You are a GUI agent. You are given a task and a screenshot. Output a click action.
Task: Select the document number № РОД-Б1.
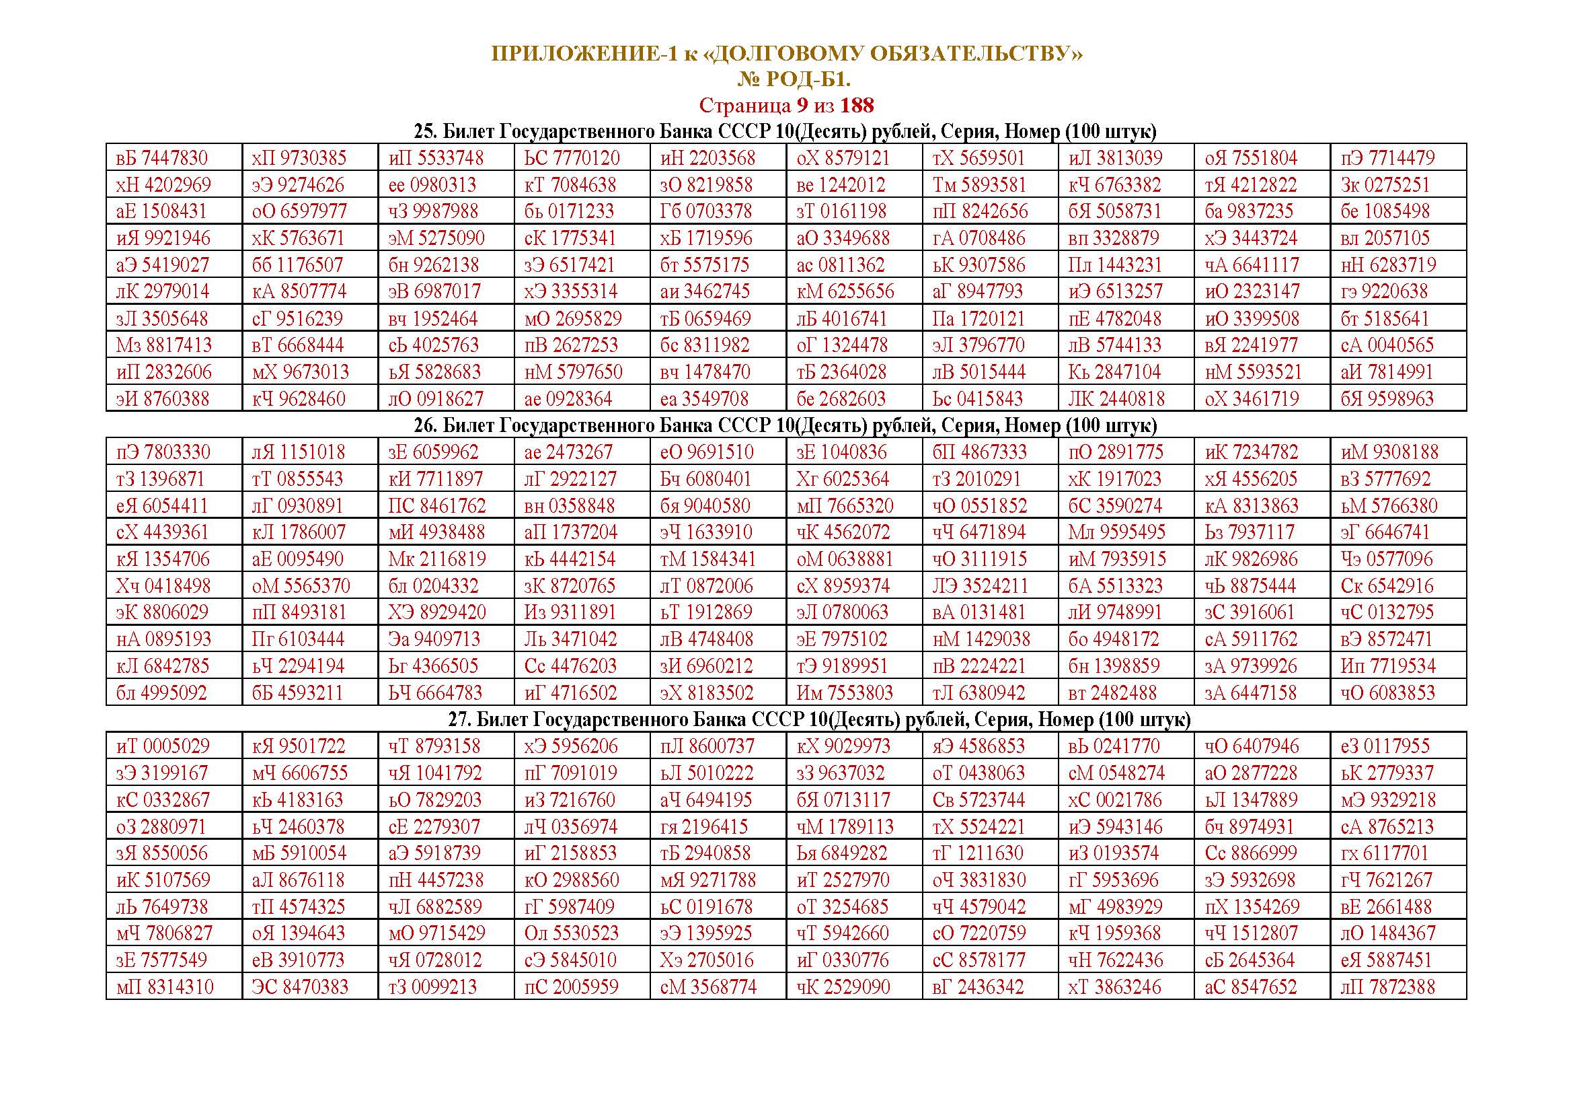tap(794, 80)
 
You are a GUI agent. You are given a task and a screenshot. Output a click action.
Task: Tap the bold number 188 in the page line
tap(856, 106)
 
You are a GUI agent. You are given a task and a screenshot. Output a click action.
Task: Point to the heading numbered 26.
tap(785, 425)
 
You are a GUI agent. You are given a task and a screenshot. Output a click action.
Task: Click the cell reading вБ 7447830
tap(161, 158)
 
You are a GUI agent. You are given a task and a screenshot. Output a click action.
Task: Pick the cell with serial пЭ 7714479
tap(1387, 158)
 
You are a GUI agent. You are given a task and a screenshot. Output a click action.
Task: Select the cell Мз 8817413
tap(163, 345)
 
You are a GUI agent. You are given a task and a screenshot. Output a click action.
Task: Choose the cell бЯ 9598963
tap(1387, 399)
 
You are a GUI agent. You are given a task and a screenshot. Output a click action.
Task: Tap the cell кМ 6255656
tap(845, 292)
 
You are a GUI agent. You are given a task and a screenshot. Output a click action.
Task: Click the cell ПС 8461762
tap(437, 506)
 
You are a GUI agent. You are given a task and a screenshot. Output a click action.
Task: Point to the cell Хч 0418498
tap(163, 586)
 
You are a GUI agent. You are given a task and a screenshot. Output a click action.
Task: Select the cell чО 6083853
tap(1387, 693)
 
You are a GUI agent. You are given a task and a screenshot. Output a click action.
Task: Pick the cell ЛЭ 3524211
tap(981, 586)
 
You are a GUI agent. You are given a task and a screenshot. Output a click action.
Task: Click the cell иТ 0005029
tap(163, 746)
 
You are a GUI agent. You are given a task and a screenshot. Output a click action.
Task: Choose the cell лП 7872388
tap(1387, 988)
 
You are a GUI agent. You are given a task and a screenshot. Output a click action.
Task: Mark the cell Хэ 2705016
tap(707, 960)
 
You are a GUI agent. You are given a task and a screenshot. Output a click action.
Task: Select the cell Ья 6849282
tap(842, 853)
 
